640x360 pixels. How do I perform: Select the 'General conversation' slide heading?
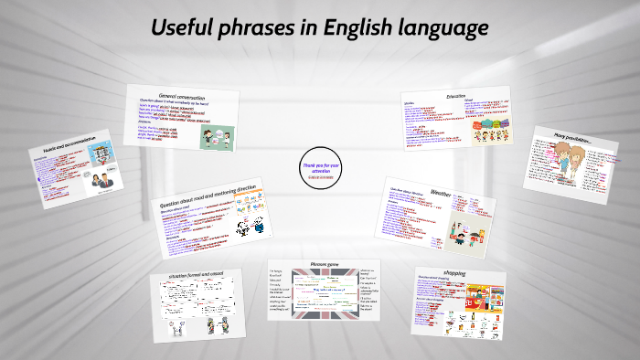(181, 95)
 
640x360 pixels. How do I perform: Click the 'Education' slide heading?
(454, 95)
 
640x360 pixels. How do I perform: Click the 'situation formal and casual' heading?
(196, 274)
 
